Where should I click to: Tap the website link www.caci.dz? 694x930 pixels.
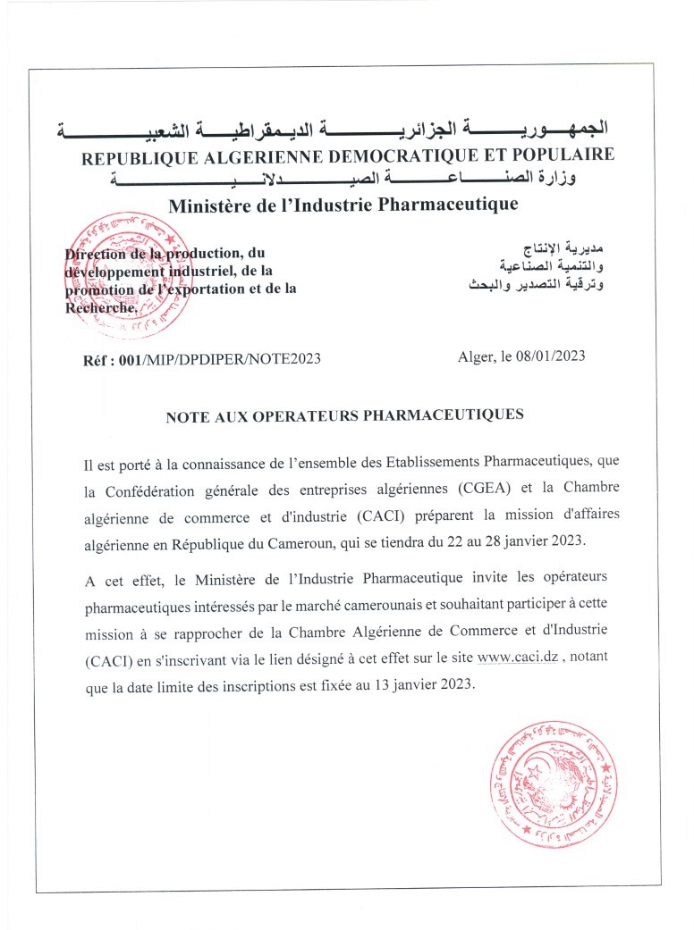click(x=519, y=658)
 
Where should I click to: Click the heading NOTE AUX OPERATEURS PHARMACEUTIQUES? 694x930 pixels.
click(x=344, y=415)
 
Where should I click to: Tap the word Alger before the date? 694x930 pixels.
click(x=476, y=356)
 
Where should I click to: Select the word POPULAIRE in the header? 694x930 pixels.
click(x=563, y=155)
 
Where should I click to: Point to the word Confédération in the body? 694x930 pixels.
click(x=154, y=488)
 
